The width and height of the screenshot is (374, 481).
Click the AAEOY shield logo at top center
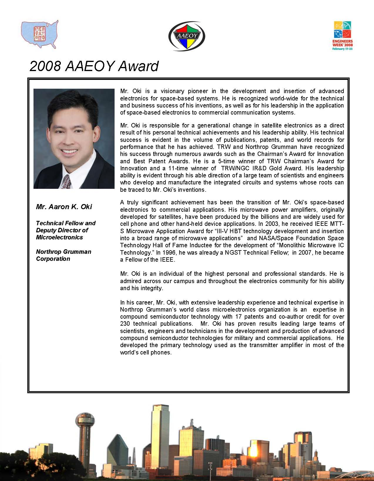click(187, 36)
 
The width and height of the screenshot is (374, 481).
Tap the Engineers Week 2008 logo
click(343, 36)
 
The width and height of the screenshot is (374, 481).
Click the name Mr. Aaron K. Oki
click(64, 207)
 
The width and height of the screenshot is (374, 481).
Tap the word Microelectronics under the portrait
click(59, 237)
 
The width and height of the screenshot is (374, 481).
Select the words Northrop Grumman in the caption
click(63, 252)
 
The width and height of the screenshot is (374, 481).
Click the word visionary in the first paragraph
click(172, 91)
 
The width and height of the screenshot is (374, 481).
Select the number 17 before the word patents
click(238, 317)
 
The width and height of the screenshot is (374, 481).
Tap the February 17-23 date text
click(342, 49)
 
